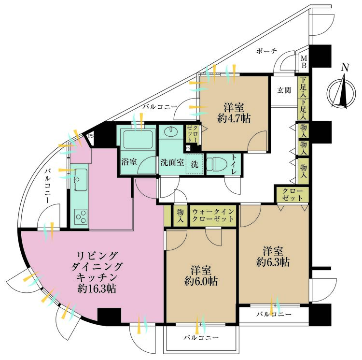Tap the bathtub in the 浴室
138,140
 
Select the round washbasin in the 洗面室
170,132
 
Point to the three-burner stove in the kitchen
81,216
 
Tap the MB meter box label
304,62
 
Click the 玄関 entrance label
284,90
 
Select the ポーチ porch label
266,51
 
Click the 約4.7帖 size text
234,119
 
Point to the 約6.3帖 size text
273,262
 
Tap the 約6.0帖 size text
201,281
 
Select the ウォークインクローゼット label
213,215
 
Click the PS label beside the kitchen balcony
91,136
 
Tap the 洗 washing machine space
195,164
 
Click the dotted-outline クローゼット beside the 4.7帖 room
192,134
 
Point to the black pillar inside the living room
110,316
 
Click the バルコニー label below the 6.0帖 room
201,338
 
